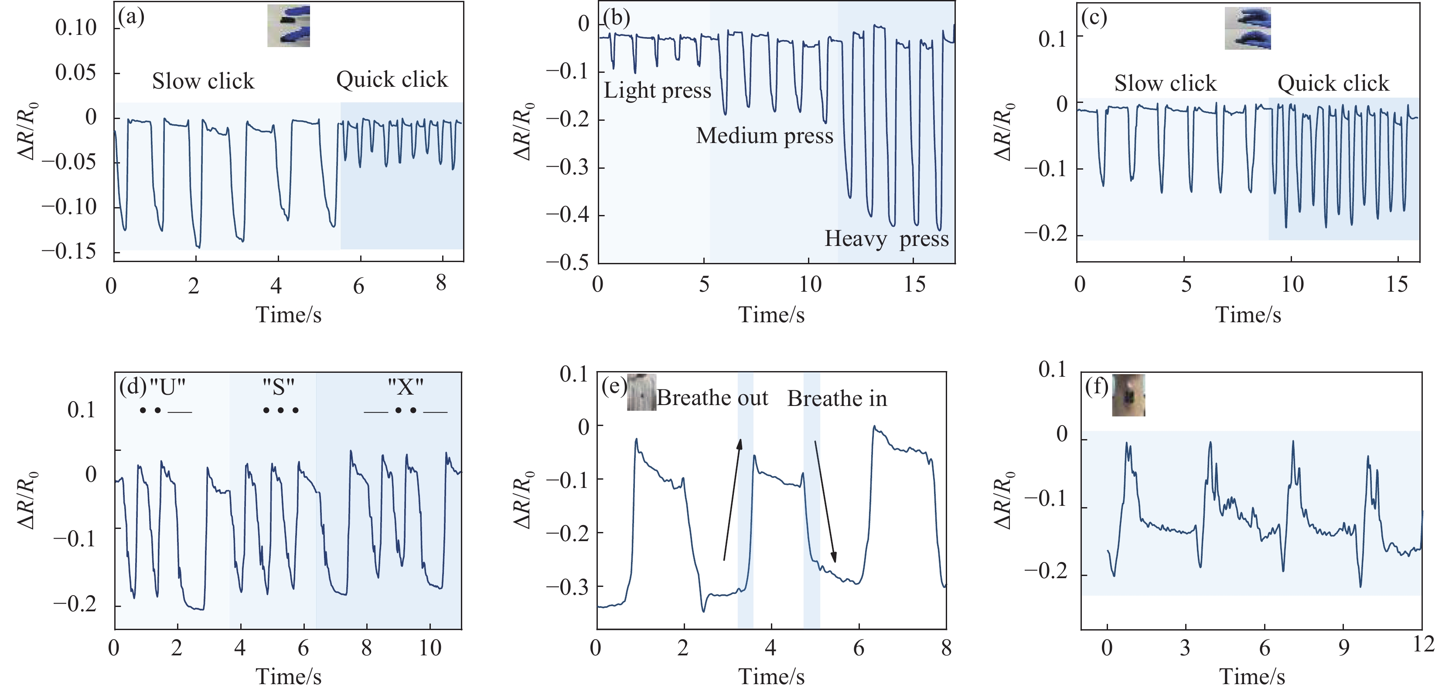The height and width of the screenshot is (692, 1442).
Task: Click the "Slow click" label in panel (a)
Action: pyautogui.click(x=203, y=82)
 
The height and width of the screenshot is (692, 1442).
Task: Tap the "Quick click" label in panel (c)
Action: pyautogui.click(x=1333, y=83)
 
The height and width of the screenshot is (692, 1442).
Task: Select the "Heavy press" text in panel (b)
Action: pyautogui.click(x=886, y=239)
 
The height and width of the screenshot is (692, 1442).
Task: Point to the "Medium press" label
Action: pyautogui.click(x=764, y=136)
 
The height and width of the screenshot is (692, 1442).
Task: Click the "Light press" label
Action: pyautogui.click(x=657, y=91)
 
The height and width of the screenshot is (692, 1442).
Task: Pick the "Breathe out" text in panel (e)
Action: pyautogui.click(x=712, y=398)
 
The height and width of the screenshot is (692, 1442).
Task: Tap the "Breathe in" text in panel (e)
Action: pyautogui.click(x=837, y=399)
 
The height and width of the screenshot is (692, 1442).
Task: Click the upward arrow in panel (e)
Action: pyautogui.click(x=732, y=499)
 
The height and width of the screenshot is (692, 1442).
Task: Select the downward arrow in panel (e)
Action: pyautogui.click(x=825, y=501)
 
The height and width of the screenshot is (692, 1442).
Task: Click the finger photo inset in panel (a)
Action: pyautogui.click(x=288, y=26)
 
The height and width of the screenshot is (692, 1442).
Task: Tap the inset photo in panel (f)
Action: pyautogui.click(x=1128, y=395)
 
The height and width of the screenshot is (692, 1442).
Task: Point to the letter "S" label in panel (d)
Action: pyautogui.click(x=279, y=386)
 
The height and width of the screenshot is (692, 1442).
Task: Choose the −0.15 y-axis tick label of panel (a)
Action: pyautogui.click(x=68, y=252)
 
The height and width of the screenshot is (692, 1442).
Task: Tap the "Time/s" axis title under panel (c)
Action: pyautogui.click(x=1248, y=315)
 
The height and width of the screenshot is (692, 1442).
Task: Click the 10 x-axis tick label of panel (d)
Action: pyautogui.click(x=430, y=648)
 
